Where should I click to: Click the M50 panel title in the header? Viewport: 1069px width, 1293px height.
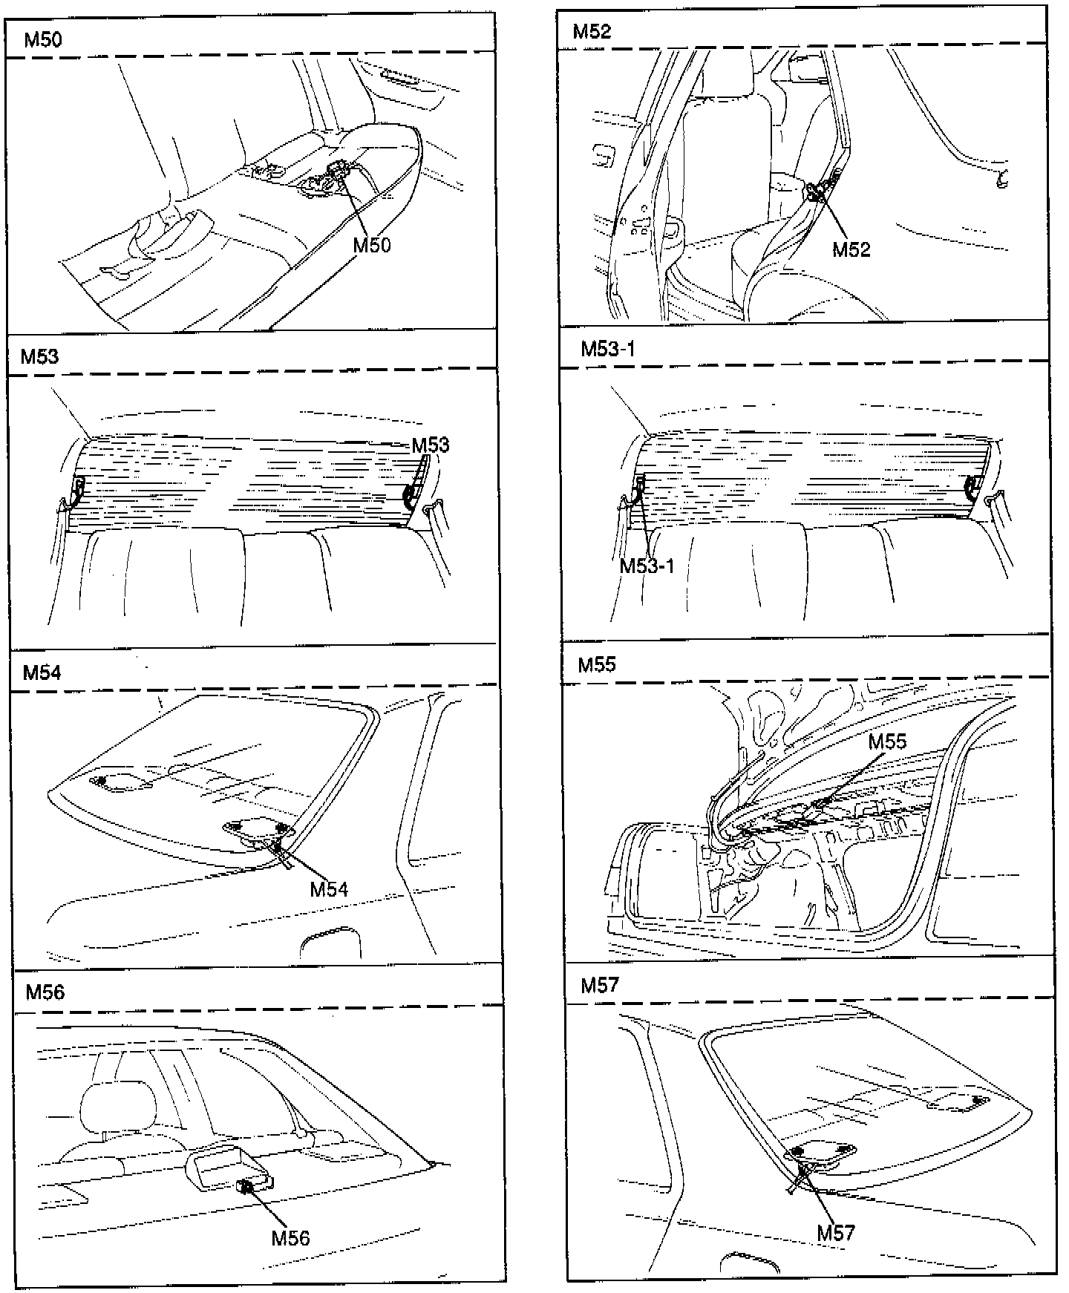coord(43,39)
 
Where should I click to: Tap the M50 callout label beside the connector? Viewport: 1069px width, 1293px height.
coord(371,245)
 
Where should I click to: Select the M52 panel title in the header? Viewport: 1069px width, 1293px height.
coord(592,31)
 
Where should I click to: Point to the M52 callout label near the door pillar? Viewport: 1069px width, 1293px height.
coord(851,249)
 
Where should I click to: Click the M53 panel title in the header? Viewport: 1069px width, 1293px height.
coord(39,356)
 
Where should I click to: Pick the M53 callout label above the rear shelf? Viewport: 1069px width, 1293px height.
coord(431,445)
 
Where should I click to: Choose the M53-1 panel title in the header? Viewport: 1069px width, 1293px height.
coord(608,348)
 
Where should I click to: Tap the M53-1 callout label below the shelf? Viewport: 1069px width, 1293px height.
coord(647,566)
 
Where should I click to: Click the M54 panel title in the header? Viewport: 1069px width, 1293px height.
coord(42,672)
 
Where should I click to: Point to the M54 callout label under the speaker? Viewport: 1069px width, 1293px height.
coord(329,888)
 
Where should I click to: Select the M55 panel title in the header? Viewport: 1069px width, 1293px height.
coord(598,664)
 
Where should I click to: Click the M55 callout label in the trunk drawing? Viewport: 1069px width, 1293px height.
coord(887,742)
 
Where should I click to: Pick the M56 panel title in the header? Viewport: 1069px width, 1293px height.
coord(45,992)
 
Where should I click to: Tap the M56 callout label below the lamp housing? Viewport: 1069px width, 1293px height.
coord(290,1237)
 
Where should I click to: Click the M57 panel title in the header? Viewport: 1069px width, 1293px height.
coord(600,985)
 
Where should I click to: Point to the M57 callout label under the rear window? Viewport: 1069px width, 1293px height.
coord(836,1233)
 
